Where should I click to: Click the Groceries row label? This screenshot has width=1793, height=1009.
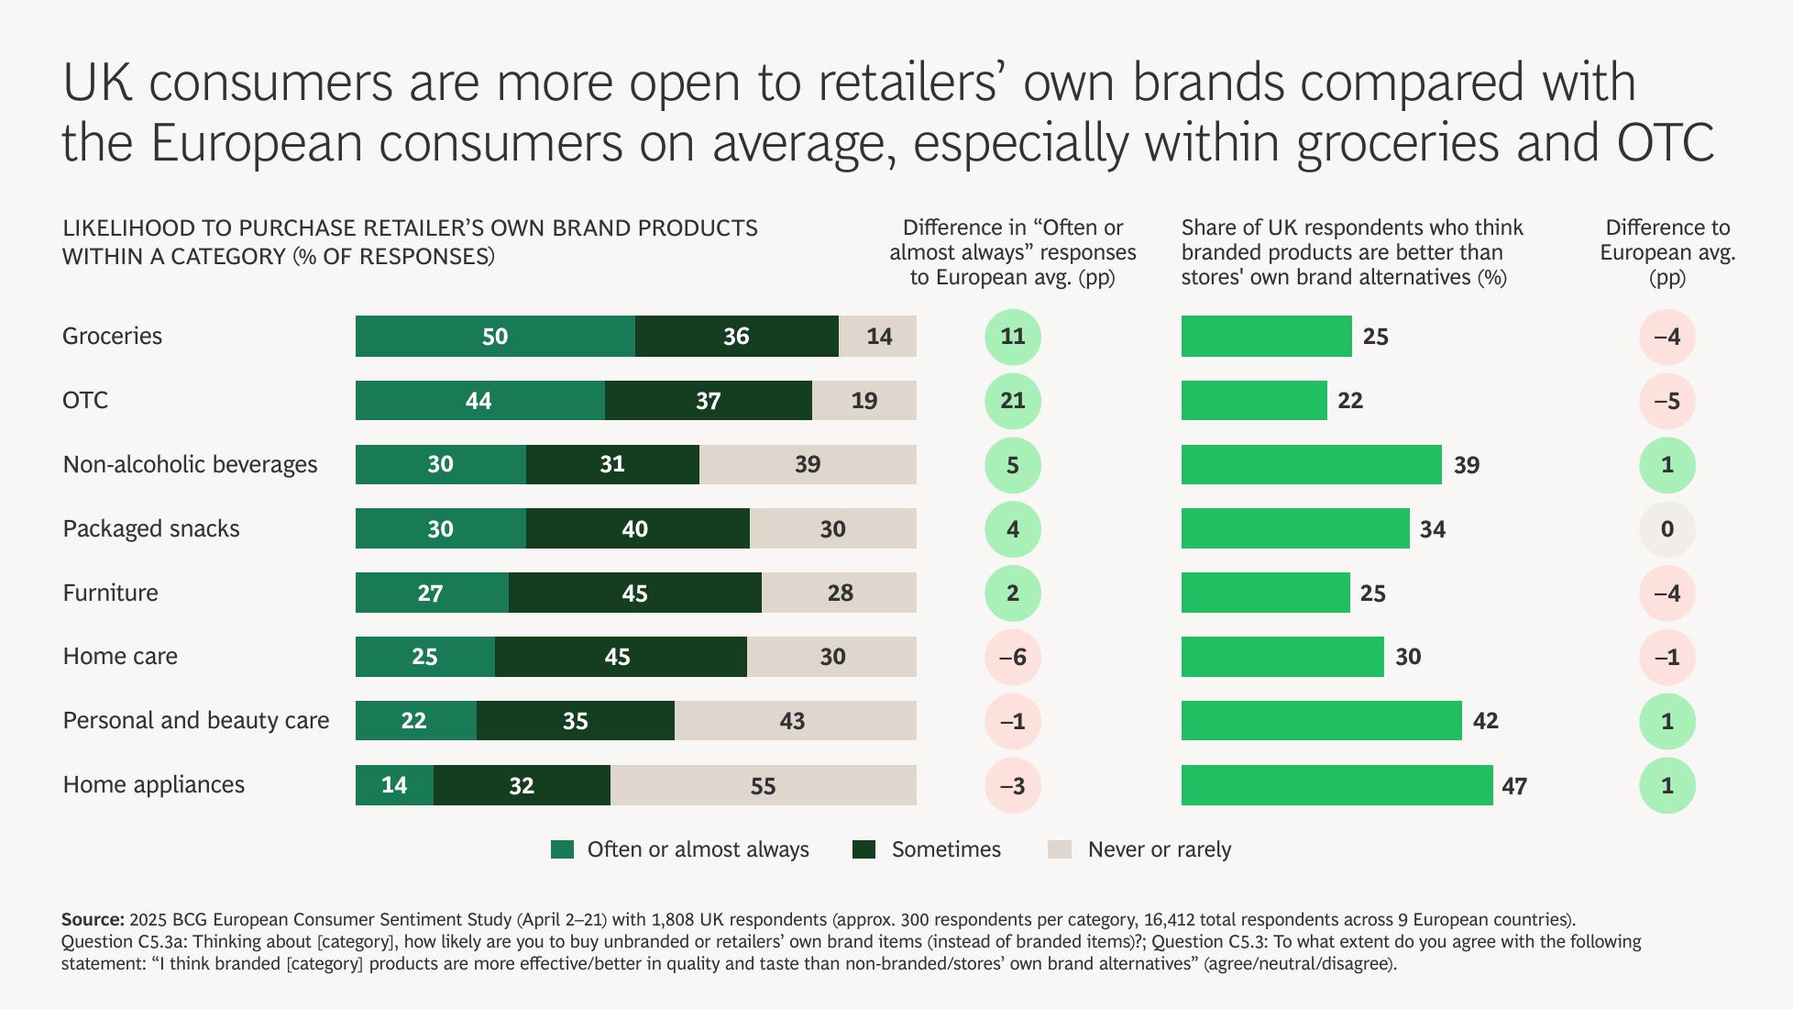(x=112, y=336)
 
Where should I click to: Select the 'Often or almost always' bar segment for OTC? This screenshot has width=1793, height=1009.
(x=479, y=401)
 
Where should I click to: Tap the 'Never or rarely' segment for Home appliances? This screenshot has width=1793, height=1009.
(x=763, y=785)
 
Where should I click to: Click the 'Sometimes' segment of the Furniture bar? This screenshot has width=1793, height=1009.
(x=634, y=593)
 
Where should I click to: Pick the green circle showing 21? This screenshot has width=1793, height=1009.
(x=1012, y=401)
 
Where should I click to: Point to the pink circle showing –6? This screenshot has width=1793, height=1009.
(x=1012, y=657)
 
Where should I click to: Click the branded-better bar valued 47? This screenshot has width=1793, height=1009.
(x=1336, y=785)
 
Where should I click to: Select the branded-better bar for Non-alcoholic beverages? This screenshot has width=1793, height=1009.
(x=1311, y=465)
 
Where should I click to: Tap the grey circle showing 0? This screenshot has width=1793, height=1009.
(x=1666, y=529)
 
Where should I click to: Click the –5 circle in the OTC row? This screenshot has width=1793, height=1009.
(x=1666, y=401)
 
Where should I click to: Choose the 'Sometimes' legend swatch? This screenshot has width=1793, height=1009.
(x=863, y=849)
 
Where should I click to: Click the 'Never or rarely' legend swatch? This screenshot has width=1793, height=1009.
(x=1059, y=849)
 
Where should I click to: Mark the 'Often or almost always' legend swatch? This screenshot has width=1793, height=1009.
(x=562, y=849)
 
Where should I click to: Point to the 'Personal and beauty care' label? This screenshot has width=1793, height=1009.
(x=195, y=721)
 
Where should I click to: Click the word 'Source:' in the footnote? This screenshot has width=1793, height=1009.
(x=93, y=919)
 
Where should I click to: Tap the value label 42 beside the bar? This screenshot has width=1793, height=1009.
(x=1485, y=721)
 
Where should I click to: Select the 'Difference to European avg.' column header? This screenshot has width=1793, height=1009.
(x=1666, y=252)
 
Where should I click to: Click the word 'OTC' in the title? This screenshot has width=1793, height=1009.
(x=1659, y=143)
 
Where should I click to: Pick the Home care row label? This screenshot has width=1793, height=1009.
(x=120, y=657)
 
